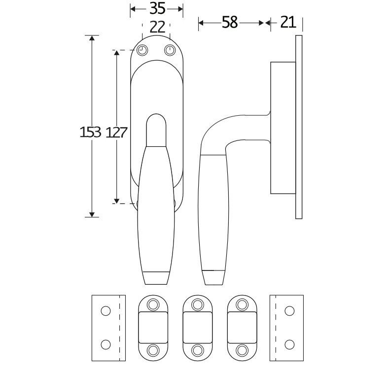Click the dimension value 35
click(x=157, y=8)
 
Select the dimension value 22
click(x=157, y=27)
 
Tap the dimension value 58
click(x=230, y=22)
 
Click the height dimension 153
click(x=90, y=132)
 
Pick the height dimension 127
click(x=117, y=132)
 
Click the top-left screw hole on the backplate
click(x=142, y=50)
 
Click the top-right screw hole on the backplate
click(x=170, y=50)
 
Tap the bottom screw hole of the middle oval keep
click(x=198, y=350)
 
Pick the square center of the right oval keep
click(x=242, y=327)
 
